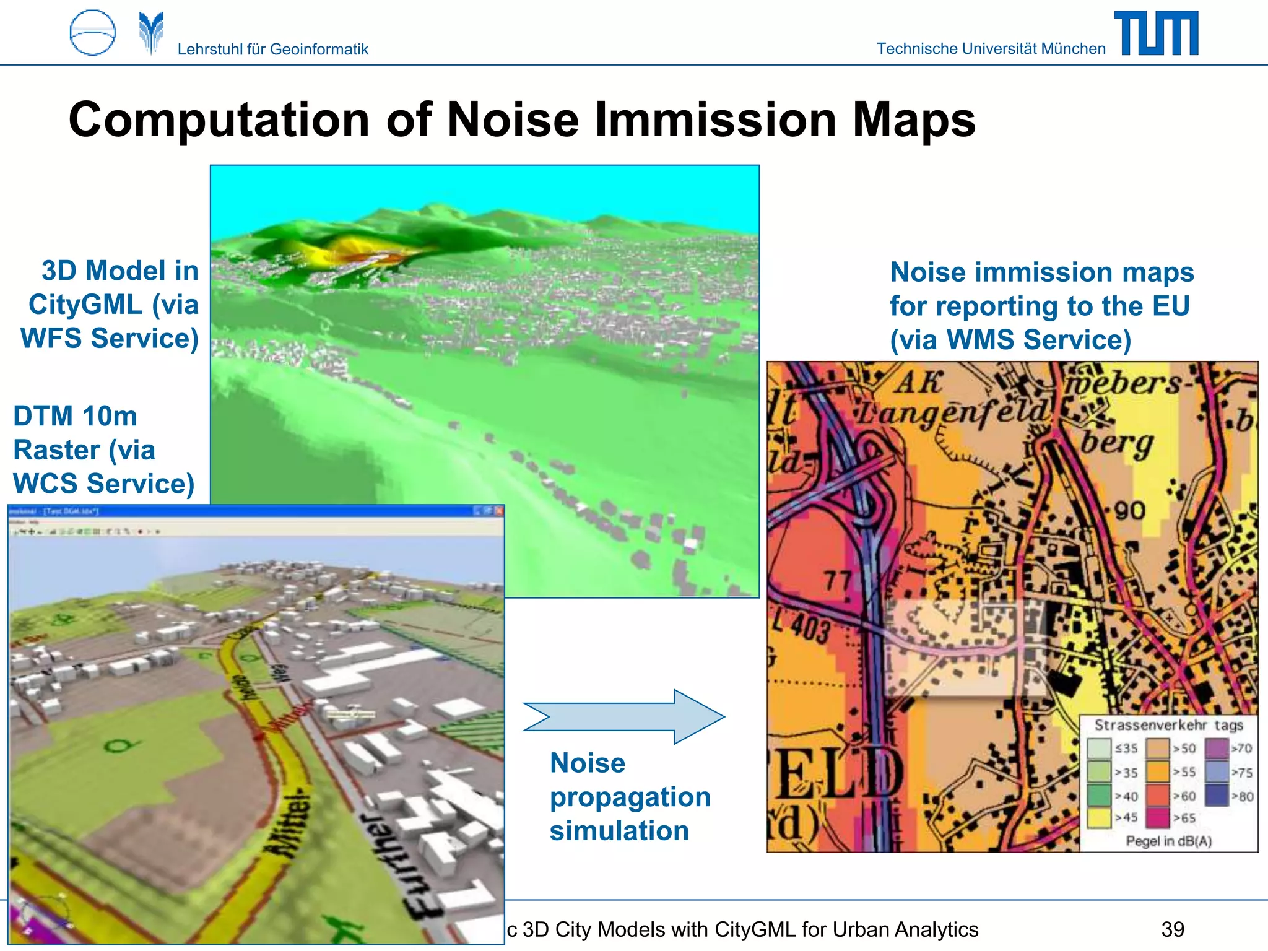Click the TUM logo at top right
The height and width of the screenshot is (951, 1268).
[1156, 33]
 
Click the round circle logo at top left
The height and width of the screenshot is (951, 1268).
[92, 33]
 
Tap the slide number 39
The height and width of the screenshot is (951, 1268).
[1173, 929]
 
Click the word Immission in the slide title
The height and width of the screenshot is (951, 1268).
[716, 119]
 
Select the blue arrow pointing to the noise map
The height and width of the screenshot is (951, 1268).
[624, 716]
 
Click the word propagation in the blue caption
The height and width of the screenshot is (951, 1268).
[630, 797]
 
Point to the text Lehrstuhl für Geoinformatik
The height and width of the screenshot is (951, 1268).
[272, 49]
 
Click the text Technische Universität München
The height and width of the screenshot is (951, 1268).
[991, 48]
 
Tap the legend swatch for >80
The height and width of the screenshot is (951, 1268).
[1217, 796]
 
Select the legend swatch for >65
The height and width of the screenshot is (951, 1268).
[1157, 818]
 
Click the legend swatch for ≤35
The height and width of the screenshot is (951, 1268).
[1099, 749]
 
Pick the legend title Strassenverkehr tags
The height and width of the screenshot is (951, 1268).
[1168, 725]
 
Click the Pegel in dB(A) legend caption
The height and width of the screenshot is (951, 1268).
[1168, 841]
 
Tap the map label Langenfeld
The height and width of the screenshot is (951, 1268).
[953, 414]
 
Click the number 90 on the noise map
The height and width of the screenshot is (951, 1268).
[1130, 511]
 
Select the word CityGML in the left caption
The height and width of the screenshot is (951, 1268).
[85, 305]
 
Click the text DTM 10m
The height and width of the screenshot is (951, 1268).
[75, 416]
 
